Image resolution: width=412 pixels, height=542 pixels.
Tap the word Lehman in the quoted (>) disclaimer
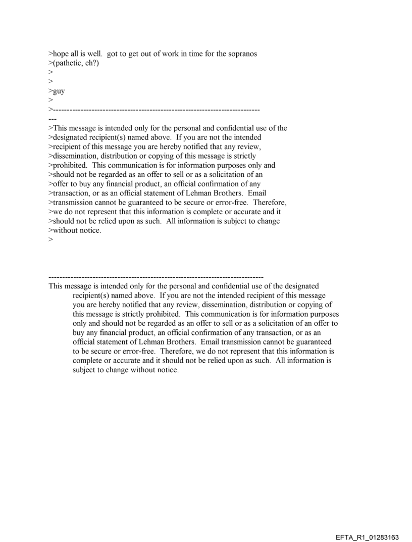click(x=207, y=193)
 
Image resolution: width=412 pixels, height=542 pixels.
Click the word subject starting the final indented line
click(x=85, y=369)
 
